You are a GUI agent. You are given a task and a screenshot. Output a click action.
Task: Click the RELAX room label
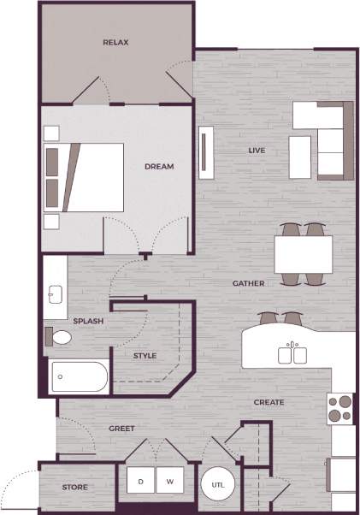[x=115, y=42]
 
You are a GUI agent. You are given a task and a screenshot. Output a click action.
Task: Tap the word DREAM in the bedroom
[x=159, y=167]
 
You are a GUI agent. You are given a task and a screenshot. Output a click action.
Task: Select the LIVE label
[x=257, y=151]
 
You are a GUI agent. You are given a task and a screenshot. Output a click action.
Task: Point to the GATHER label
[x=248, y=283]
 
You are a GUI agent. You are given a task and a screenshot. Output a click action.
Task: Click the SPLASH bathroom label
[x=88, y=321]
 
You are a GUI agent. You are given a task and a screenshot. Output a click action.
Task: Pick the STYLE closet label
[x=145, y=355]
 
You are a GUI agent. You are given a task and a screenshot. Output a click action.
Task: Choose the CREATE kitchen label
[x=269, y=402]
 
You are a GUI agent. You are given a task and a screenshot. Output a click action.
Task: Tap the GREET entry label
[x=121, y=428]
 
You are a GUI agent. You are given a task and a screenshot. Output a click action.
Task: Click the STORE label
[x=75, y=488]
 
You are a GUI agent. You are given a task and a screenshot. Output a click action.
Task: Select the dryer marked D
[x=141, y=482]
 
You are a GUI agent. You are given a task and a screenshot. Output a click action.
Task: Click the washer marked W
[x=169, y=482]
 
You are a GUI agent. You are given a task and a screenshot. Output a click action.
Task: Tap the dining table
[x=304, y=253]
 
